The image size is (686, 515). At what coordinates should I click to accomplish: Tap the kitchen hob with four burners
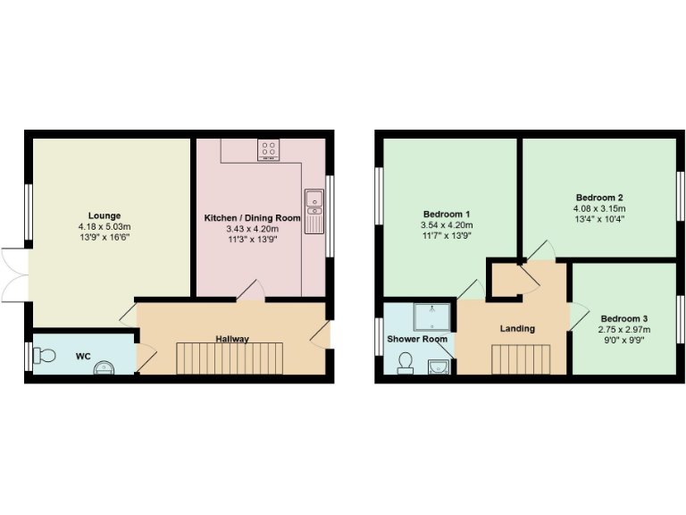coord(268,149)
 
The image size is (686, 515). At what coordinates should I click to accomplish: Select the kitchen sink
coord(314,210)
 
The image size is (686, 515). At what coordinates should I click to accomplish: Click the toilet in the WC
coord(46,356)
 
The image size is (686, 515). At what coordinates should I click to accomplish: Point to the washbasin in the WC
coord(106,367)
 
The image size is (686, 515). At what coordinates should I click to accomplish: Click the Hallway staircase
coord(229,359)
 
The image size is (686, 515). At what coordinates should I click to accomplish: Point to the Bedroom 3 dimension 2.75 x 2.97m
coord(624,330)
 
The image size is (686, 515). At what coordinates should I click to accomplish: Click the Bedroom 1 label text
coord(447,215)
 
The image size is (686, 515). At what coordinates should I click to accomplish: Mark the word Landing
coord(517,329)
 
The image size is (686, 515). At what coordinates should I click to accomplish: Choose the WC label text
coord(83,357)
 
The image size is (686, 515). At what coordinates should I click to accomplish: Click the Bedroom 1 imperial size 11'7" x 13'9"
coord(447,237)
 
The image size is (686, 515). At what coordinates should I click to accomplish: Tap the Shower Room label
coord(417,340)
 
